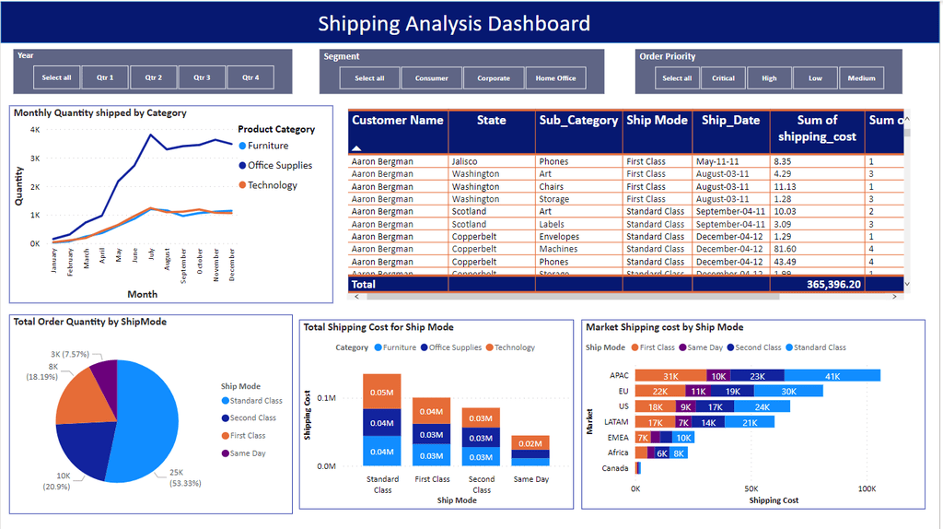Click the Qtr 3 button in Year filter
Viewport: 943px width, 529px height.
(x=202, y=77)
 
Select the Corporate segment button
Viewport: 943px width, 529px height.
(x=494, y=78)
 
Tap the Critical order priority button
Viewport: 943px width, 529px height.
(x=723, y=78)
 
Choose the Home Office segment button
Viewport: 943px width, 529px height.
(x=556, y=78)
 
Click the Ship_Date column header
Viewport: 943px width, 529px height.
(x=730, y=121)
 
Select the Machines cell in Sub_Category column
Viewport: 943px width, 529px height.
(x=559, y=249)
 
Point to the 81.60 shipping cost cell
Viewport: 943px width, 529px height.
(x=786, y=249)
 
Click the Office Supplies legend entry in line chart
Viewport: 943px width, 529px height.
(x=279, y=166)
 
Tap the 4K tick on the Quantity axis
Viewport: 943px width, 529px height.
(x=35, y=130)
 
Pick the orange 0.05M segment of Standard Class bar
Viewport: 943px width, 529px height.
(x=381, y=392)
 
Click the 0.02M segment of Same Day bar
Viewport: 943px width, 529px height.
(x=530, y=443)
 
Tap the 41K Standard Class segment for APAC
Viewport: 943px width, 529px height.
(x=832, y=376)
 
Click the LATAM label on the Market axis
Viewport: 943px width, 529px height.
(x=617, y=422)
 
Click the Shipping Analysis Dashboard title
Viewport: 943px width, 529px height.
(x=454, y=24)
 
